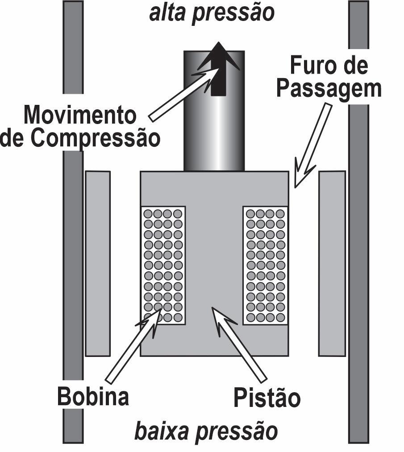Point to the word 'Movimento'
(x=80, y=115)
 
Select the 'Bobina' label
(x=93, y=396)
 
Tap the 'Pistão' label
(x=267, y=397)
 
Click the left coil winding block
(x=163, y=265)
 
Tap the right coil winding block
(x=266, y=265)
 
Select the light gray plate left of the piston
(x=97, y=263)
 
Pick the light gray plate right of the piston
(x=332, y=263)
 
